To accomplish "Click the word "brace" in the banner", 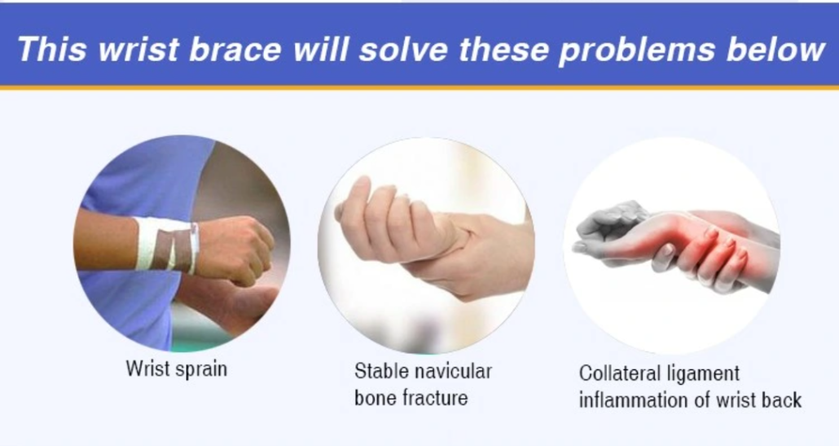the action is pos(235,49).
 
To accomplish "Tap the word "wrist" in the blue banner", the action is pos(138,49).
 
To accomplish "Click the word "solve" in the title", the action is pos(403,49).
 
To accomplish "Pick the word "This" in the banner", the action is pos(52,49).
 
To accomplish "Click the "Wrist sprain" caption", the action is pos(177,369).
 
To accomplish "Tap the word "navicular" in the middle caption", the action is pos(453,371).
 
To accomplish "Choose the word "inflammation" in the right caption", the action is pos(633,400).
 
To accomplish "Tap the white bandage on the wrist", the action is pos(167,244).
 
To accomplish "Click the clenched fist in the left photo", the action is pos(235,249).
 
